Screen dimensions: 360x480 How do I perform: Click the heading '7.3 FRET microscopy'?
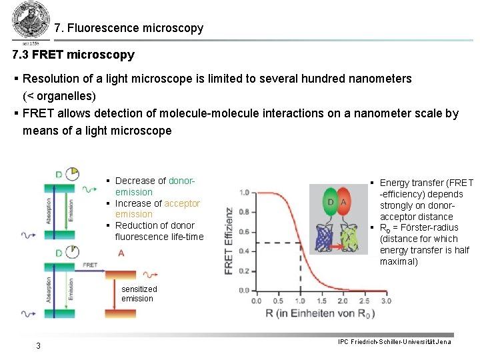click(x=73, y=55)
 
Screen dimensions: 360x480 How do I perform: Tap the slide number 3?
click(x=39, y=345)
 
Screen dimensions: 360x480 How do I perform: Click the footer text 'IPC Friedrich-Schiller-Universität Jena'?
click(x=395, y=342)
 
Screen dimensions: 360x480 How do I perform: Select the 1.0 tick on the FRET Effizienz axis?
click(x=243, y=193)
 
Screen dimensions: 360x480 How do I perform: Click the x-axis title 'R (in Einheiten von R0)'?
click(x=319, y=314)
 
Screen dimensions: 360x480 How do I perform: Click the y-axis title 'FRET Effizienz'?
click(x=230, y=241)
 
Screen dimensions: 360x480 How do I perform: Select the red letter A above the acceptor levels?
click(x=121, y=253)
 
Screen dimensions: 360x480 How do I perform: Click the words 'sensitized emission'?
click(x=139, y=294)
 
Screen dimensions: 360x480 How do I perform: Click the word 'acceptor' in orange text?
click(x=182, y=203)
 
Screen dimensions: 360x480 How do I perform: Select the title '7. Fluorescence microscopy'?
click(x=129, y=29)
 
